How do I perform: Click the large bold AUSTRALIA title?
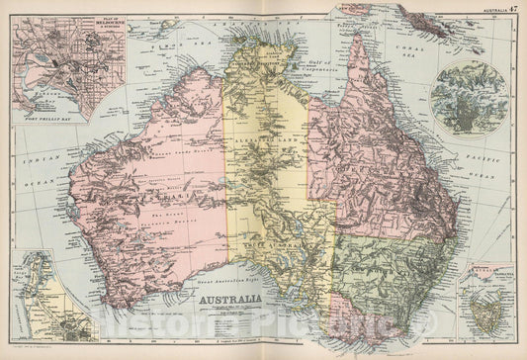[233, 299]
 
